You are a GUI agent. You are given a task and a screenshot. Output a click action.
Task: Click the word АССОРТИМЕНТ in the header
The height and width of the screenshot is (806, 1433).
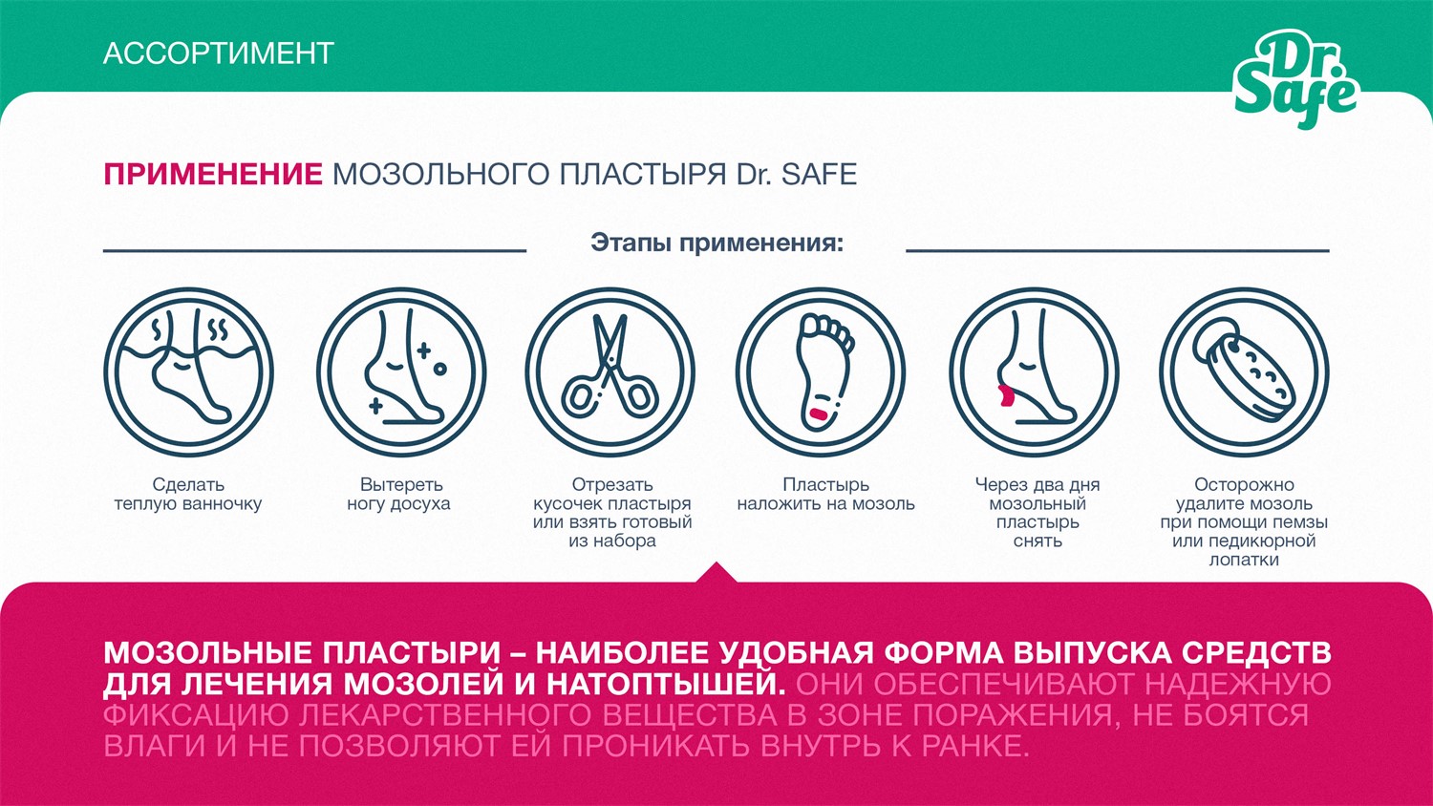[x=218, y=53]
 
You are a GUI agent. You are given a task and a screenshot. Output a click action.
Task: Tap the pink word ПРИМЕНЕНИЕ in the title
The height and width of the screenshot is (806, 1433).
[x=213, y=175]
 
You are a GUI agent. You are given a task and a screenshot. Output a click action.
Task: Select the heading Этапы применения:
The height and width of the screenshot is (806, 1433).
[x=716, y=243]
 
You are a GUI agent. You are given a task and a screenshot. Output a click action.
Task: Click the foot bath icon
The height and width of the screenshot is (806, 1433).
[x=189, y=371]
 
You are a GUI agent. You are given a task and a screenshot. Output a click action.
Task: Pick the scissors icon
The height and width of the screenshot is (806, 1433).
[x=610, y=371]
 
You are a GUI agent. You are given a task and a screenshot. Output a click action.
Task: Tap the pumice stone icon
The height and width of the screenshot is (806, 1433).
[x=1244, y=371]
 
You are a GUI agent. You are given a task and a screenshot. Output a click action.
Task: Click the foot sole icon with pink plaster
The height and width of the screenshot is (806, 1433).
[x=821, y=371]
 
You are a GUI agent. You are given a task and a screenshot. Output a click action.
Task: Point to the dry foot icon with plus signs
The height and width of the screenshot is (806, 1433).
[x=401, y=371]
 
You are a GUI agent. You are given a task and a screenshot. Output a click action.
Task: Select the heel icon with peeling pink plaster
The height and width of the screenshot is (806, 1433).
[x=1034, y=371]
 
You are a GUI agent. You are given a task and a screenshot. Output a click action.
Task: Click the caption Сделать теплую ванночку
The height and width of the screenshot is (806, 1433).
[x=188, y=495]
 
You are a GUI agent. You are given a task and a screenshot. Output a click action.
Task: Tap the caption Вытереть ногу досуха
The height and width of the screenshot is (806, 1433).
[x=399, y=495]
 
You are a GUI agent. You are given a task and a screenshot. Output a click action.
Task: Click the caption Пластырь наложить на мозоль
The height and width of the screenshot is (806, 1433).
[x=825, y=495]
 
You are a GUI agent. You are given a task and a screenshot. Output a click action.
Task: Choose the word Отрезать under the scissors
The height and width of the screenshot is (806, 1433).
[x=611, y=485]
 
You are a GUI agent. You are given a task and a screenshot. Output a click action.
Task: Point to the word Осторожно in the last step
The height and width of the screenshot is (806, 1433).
[x=1244, y=485]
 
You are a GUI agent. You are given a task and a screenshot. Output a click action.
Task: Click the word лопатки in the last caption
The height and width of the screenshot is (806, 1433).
[x=1244, y=560]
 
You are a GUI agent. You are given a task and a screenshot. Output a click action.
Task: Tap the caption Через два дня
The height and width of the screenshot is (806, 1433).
[x=1037, y=485]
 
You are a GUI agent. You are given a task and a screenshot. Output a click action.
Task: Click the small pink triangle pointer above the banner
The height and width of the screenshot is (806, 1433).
[x=717, y=573]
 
